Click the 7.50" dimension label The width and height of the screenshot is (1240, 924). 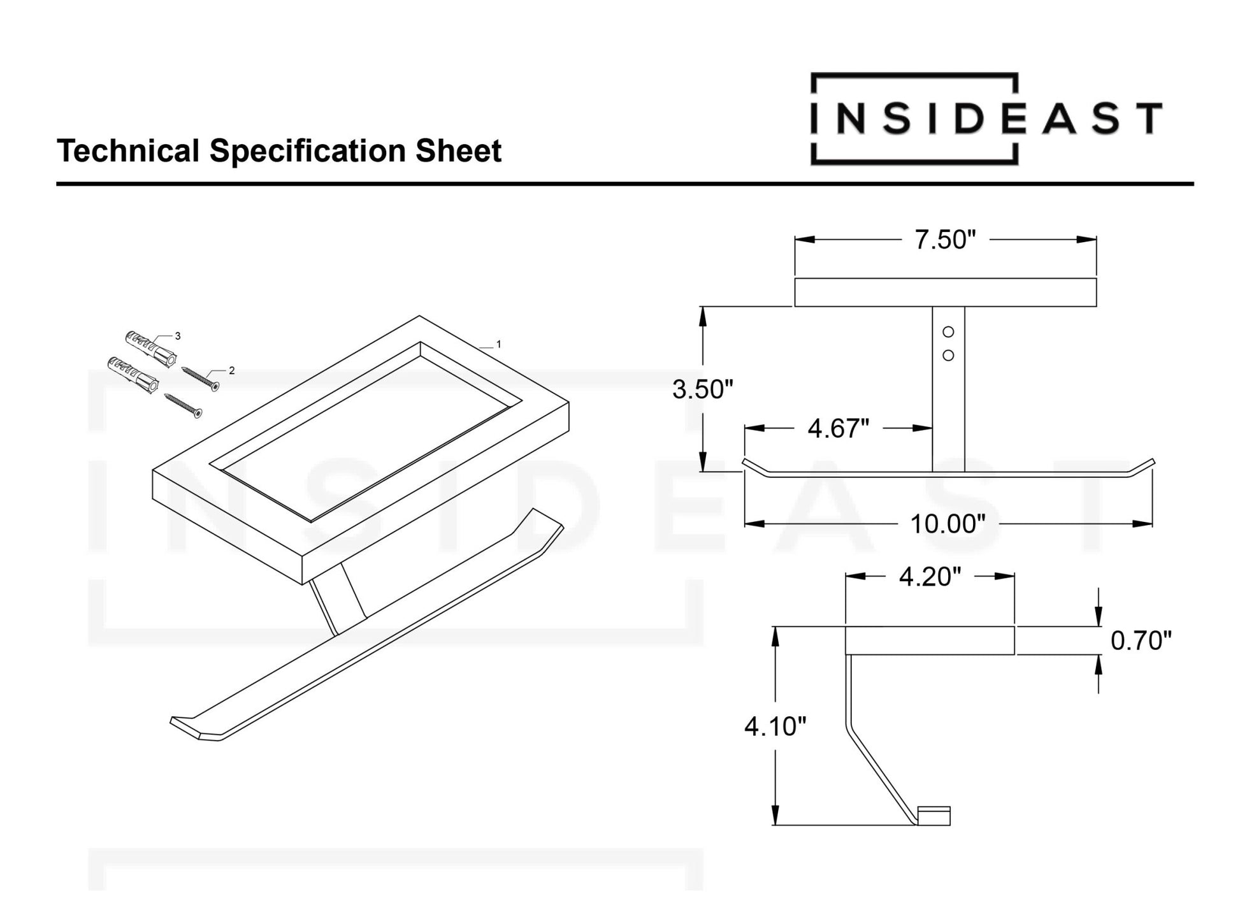945,240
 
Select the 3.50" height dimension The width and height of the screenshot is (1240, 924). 703,389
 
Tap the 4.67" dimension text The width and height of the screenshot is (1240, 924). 838,429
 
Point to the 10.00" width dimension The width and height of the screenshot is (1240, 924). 948,524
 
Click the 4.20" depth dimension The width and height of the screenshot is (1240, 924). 930,577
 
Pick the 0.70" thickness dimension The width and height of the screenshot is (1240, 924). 1141,641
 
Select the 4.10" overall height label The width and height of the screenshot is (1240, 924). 775,726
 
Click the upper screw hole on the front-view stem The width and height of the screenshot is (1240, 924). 948,332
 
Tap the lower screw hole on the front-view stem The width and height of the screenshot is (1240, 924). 948,356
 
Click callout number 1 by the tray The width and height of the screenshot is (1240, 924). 498,344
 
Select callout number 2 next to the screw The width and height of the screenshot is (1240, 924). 232,370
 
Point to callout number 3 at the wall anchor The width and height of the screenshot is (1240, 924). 178,336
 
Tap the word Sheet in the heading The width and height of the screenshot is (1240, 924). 458,152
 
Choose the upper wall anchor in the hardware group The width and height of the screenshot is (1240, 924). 150,347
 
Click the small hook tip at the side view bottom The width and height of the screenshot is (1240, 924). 934,816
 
